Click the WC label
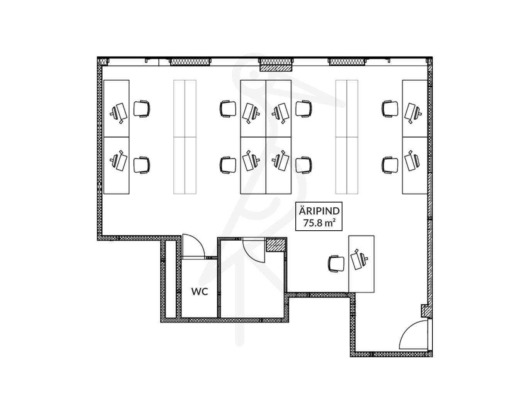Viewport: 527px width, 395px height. (x=199, y=291)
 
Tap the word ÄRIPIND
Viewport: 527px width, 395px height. (x=319, y=211)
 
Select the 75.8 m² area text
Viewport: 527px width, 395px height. (x=319, y=223)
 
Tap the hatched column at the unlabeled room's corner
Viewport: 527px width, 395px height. (x=276, y=245)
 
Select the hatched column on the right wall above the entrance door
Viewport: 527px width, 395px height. (x=427, y=311)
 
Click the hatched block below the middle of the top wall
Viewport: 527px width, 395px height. (x=276, y=68)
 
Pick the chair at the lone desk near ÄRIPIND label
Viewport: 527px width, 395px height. (x=336, y=264)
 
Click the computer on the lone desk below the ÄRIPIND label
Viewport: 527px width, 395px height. (x=359, y=259)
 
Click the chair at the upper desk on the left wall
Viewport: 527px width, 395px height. (x=142, y=109)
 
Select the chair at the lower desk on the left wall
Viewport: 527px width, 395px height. (x=142, y=165)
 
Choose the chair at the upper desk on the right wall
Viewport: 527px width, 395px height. (x=390, y=109)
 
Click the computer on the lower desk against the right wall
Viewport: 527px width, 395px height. (x=412, y=161)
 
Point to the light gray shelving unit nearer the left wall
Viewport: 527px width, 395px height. (x=185, y=137)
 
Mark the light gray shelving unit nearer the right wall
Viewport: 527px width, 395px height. (x=347, y=137)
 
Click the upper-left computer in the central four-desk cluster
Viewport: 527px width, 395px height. (x=251, y=113)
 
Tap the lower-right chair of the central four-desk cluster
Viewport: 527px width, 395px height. (x=304, y=165)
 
